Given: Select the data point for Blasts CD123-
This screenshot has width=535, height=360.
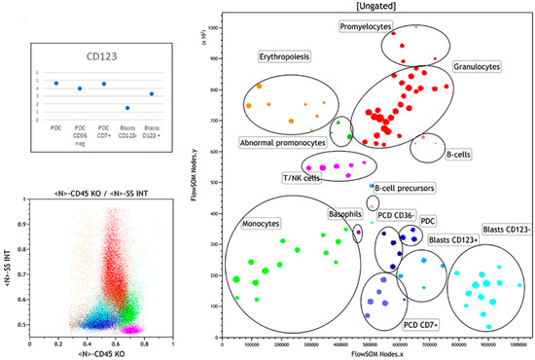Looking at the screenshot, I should (x=127, y=107).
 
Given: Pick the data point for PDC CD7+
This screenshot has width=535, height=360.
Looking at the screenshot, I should (x=104, y=85).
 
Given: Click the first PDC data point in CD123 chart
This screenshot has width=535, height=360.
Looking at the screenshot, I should (x=56, y=84).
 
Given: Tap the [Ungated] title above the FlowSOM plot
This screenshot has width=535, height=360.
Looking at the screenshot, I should (x=374, y=7).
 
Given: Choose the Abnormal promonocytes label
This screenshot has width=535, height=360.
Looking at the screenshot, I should (x=282, y=142).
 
